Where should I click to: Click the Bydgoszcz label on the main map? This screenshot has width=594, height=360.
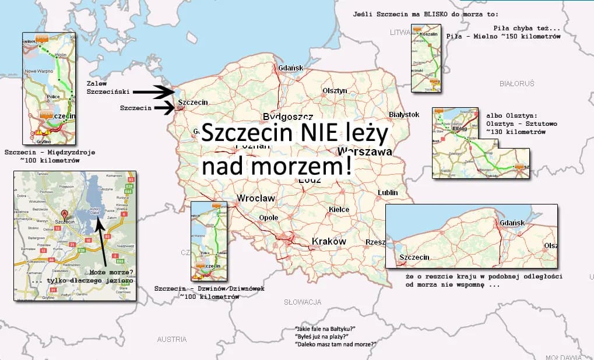tap(288, 116)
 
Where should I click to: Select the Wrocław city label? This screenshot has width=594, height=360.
tap(256, 199)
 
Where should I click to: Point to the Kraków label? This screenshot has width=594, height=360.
tap(329, 241)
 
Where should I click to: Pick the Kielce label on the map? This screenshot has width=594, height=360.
tap(339, 210)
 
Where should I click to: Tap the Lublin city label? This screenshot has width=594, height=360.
tap(388, 192)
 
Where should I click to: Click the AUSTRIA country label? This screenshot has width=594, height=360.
tap(172, 339)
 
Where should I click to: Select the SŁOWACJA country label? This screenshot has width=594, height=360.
tap(303, 302)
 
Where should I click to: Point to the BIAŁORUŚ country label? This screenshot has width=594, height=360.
tap(516, 84)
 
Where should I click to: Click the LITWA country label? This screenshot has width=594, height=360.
tap(400, 33)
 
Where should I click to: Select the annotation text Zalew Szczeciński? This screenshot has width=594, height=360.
tap(108, 87)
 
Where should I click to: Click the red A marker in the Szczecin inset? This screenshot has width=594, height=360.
tap(65, 213)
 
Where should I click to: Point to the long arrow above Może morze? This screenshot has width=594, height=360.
tap(103, 239)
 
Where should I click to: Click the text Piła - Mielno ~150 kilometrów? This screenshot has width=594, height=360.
tap(503, 36)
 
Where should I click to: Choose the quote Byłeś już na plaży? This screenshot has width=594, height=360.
tap(322, 337)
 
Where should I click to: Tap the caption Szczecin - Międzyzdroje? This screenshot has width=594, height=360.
tap(50, 153)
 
